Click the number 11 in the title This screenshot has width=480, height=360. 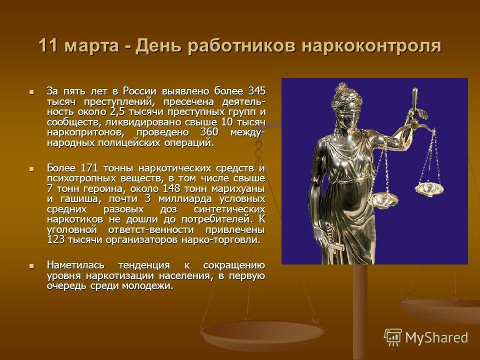pos(48,45)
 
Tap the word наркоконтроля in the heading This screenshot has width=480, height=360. pos(371,46)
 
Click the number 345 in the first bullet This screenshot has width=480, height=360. pos(256,91)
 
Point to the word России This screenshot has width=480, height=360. pos(139,91)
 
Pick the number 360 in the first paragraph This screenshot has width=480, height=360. pos(209,132)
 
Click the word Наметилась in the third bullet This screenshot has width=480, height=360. pos(75,265)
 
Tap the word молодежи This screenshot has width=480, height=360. pos(147,286)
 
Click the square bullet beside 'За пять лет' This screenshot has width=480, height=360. pos(31,91)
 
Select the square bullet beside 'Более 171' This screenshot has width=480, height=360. pos(31,168)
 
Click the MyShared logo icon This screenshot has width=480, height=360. pos(393,337)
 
